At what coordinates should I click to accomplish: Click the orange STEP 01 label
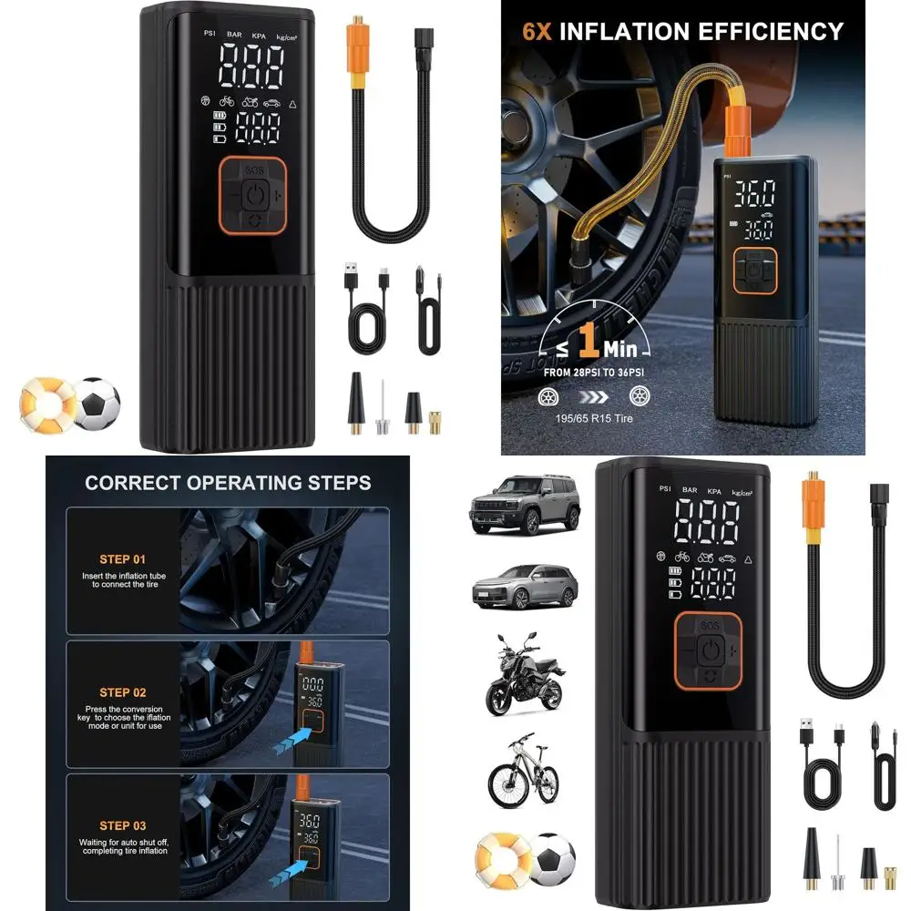pos(122,559)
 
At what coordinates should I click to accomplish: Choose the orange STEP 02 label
pos(122,692)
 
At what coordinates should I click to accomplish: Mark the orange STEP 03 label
pos(122,826)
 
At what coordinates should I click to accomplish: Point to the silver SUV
pos(525,585)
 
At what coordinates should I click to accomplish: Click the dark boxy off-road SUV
pos(524,504)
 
